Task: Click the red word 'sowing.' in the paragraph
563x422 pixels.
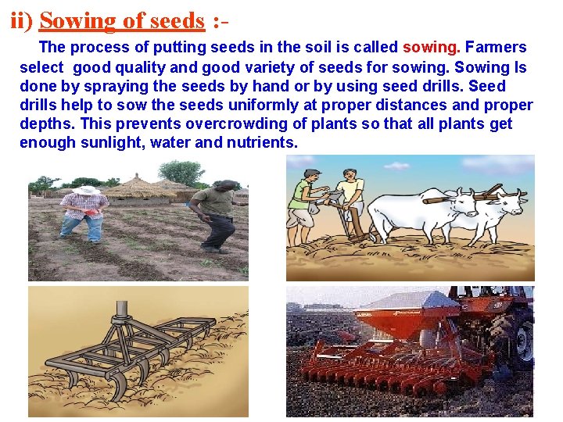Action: [x=432, y=48]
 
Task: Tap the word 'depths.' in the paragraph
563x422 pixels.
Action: [x=46, y=123]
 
